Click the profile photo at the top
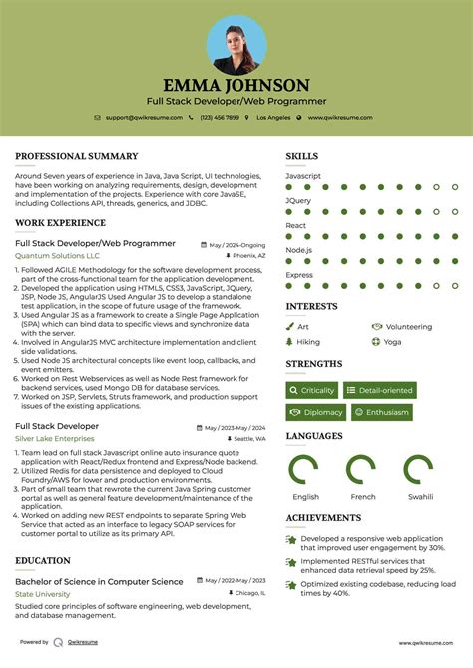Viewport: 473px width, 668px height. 236,44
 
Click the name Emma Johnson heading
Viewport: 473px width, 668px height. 236,86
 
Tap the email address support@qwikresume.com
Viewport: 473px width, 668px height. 144,117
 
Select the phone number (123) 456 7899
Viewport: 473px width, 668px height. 219,117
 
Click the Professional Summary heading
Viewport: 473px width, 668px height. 76,156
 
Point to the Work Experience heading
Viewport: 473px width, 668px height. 60,222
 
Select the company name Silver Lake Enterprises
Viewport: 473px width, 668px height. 54,438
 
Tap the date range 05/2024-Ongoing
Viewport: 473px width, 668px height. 236,244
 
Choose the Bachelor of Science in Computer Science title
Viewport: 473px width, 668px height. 99,582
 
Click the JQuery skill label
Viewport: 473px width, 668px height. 298,200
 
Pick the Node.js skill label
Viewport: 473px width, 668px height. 299,250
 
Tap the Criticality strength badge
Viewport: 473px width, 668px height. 312,391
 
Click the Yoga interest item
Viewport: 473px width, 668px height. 391,341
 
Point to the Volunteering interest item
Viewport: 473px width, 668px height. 407,326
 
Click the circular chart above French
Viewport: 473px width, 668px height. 363,469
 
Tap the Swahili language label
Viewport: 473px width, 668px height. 420,496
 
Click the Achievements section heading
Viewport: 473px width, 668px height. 323,518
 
